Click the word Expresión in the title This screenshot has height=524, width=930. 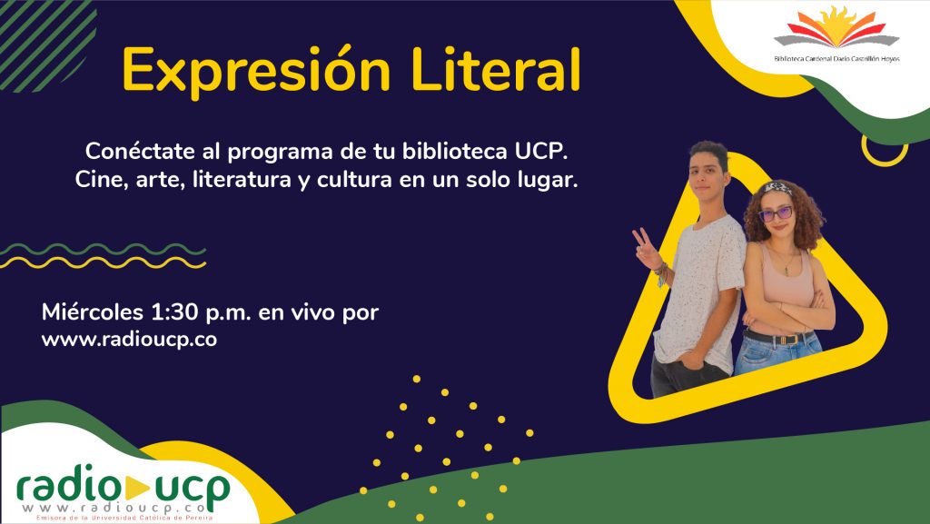point(256,71)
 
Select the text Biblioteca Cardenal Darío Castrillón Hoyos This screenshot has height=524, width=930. point(836,59)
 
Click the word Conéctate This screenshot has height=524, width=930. point(141,151)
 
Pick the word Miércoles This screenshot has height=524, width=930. point(93,311)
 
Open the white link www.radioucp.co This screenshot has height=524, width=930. point(129,340)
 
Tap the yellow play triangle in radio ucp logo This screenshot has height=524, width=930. point(136,488)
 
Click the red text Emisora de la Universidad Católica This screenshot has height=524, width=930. point(124,518)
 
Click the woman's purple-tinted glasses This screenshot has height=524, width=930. point(776,213)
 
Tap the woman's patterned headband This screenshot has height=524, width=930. point(777,189)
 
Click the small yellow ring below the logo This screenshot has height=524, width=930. point(885,158)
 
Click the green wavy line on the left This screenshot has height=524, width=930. point(104,249)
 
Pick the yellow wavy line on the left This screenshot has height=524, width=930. point(104,262)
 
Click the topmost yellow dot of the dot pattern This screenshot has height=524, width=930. point(416,379)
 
